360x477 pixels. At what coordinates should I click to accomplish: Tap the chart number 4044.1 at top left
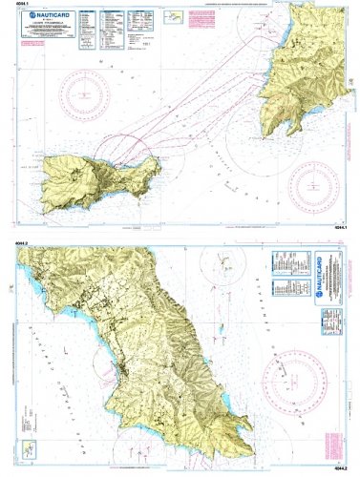coord(22,6)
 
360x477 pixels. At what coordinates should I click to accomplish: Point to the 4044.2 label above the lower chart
coord(23,245)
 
